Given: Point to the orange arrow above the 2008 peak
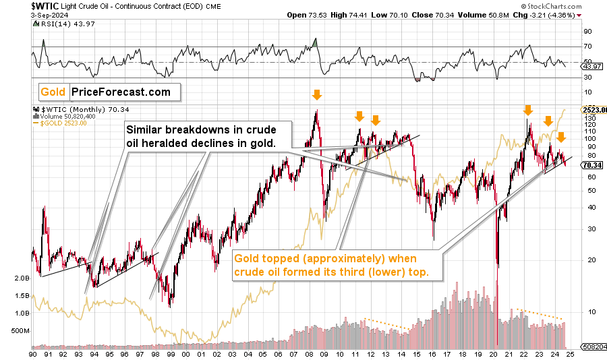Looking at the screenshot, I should click(x=315, y=96).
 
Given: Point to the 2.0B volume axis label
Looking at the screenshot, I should click(x=22, y=278).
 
